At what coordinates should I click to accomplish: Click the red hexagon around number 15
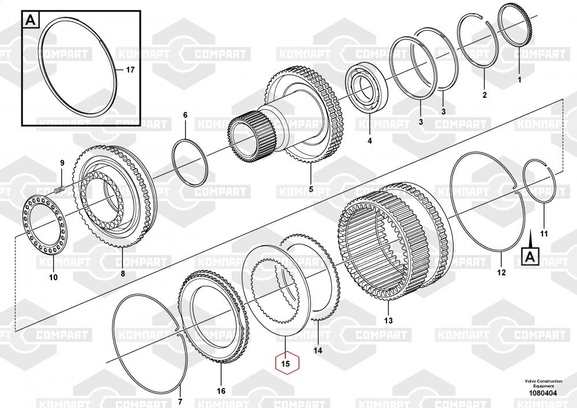click(x=287, y=363)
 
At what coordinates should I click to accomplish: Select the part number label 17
click(x=130, y=70)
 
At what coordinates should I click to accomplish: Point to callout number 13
click(x=388, y=321)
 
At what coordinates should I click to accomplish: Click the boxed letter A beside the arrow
click(x=530, y=257)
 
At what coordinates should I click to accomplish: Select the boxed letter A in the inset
click(x=31, y=20)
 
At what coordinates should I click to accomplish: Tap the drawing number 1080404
click(x=543, y=393)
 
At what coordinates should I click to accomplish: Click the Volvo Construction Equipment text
click(x=544, y=383)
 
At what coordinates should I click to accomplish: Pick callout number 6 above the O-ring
click(x=185, y=115)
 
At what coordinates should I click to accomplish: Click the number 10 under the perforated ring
click(x=53, y=277)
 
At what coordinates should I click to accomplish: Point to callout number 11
click(x=544, y=233)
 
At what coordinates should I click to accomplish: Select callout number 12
click(x=501, y=272)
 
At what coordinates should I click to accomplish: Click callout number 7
click(x=180, y=402)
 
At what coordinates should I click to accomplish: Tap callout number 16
click(x=221, y=391)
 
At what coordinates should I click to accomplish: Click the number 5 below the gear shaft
click(x=311, y=189)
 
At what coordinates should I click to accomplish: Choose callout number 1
click(x=520, y=80)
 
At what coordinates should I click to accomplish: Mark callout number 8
click(x=123, y=273)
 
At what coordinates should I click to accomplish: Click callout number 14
click(x=317, y=350)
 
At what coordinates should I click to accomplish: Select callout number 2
click(x=485, y=95)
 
